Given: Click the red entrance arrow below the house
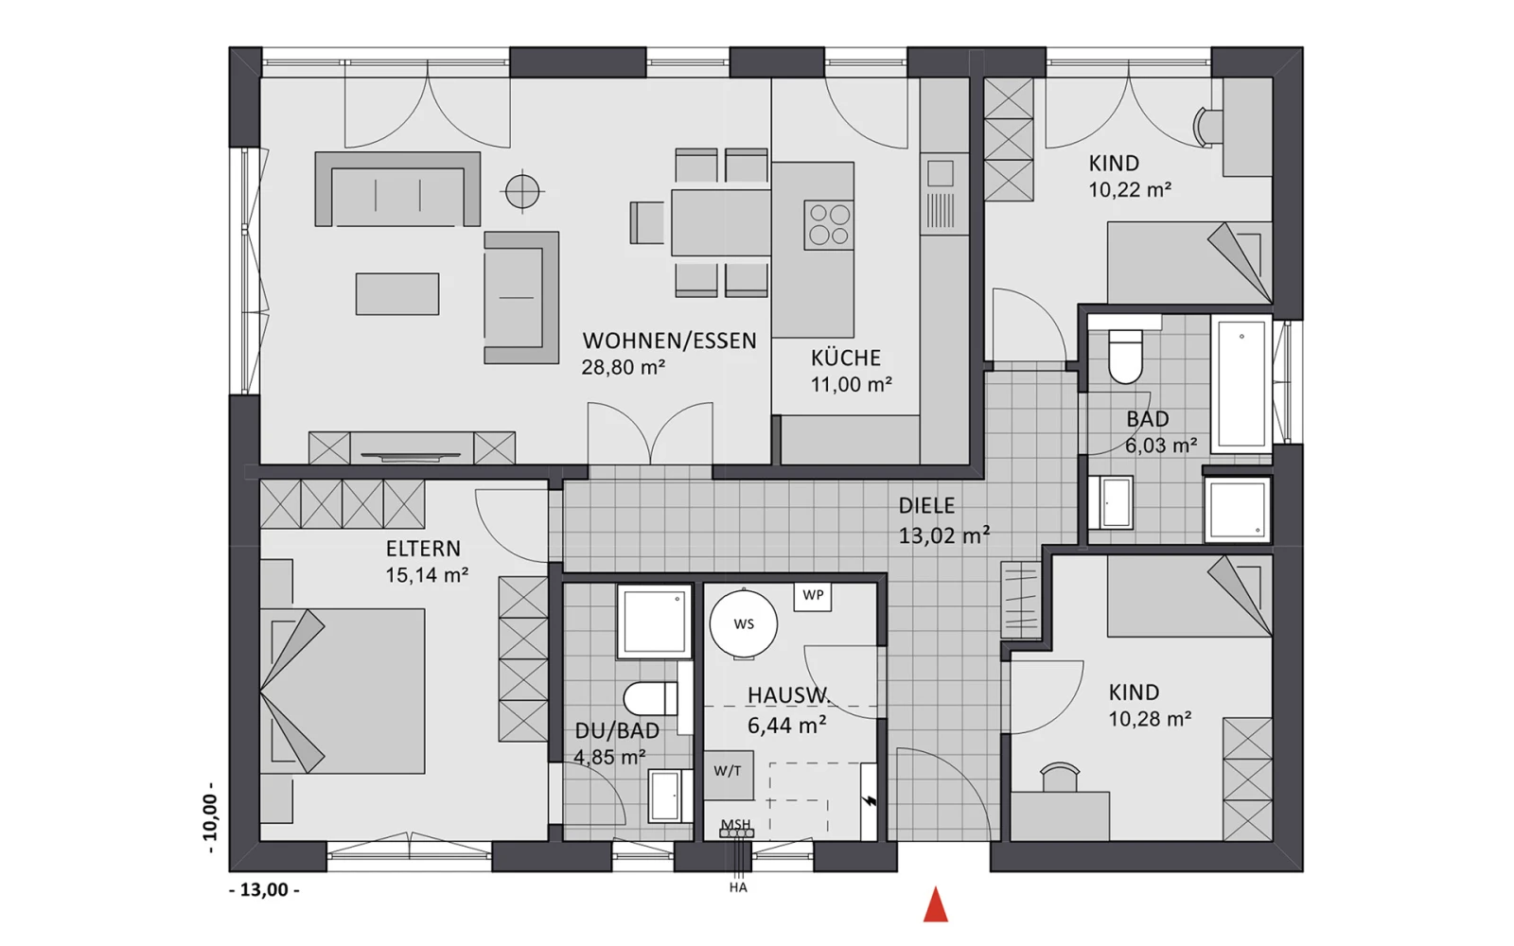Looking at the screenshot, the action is click(936, 904).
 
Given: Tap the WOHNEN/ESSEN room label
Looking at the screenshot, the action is click(669, 341).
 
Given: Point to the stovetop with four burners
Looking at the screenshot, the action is click(829, 224).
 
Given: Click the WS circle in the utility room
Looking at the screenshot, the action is click(744, 623).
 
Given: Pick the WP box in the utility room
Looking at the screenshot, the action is click(813, 595).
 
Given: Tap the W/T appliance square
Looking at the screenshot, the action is click(729, 775).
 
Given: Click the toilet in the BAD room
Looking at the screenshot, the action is click(1125, 356).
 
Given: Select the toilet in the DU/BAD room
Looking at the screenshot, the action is click(650, 698).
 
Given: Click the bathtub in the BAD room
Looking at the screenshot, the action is click(1241, 383).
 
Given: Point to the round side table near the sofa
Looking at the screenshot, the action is click(522, 192).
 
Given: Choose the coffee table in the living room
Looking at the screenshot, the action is click(397, 294).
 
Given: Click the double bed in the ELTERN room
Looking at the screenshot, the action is click(343, 691).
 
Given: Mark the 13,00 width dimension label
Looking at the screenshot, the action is click(264, 890).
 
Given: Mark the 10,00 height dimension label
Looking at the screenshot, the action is click(210, 817).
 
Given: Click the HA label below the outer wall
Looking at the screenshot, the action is click(738, 887).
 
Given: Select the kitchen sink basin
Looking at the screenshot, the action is click(941, 174).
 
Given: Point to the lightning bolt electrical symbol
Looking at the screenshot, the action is click(870, 801).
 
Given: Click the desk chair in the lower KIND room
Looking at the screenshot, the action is click(1059, 777).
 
